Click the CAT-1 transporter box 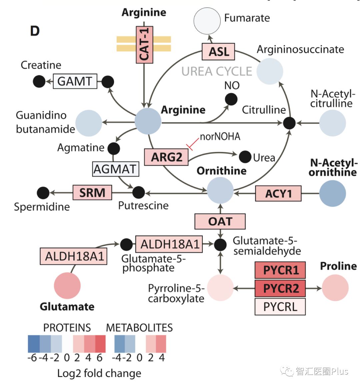[x=144, y=45]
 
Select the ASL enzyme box [x=218, y=52]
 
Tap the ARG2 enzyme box [x=166, y=157]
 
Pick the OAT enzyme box [x=220, y=221]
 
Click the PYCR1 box [x=280, y=270]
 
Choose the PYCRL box [x=280, y=306]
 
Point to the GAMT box [x=75, y=81]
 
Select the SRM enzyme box [x=92, y=192]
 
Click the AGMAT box [x=115, y=169]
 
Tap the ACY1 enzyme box [x=278, y=193]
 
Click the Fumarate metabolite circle [x=207, y=21]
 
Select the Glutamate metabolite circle [x=67, y=286]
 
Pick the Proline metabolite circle [x=335, y=288]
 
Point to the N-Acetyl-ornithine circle [x=332, y=193]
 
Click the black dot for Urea [x=245, y=157]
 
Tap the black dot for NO [x=231, y=99]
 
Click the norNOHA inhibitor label [x=220, y=136]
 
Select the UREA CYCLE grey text [x=217, y=71]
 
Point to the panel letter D [x=35, y=31]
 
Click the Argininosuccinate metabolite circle [x=270, y=71]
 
